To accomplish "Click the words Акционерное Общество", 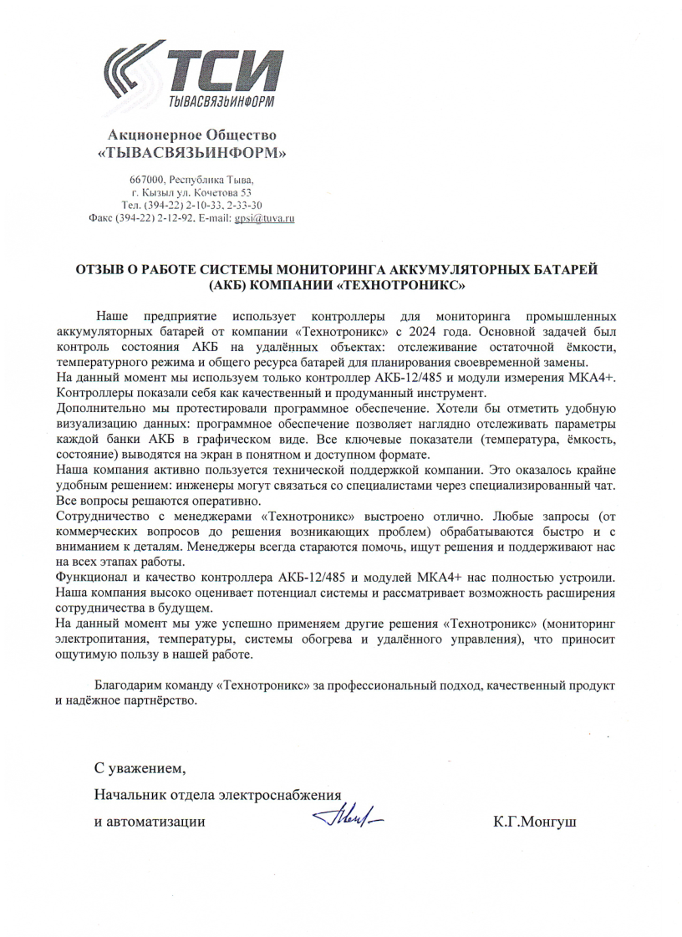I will point(192,135).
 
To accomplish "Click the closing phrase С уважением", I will point(140,768).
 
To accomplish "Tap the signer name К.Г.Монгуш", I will point(535,822).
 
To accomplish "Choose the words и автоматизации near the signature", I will point(150,822).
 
